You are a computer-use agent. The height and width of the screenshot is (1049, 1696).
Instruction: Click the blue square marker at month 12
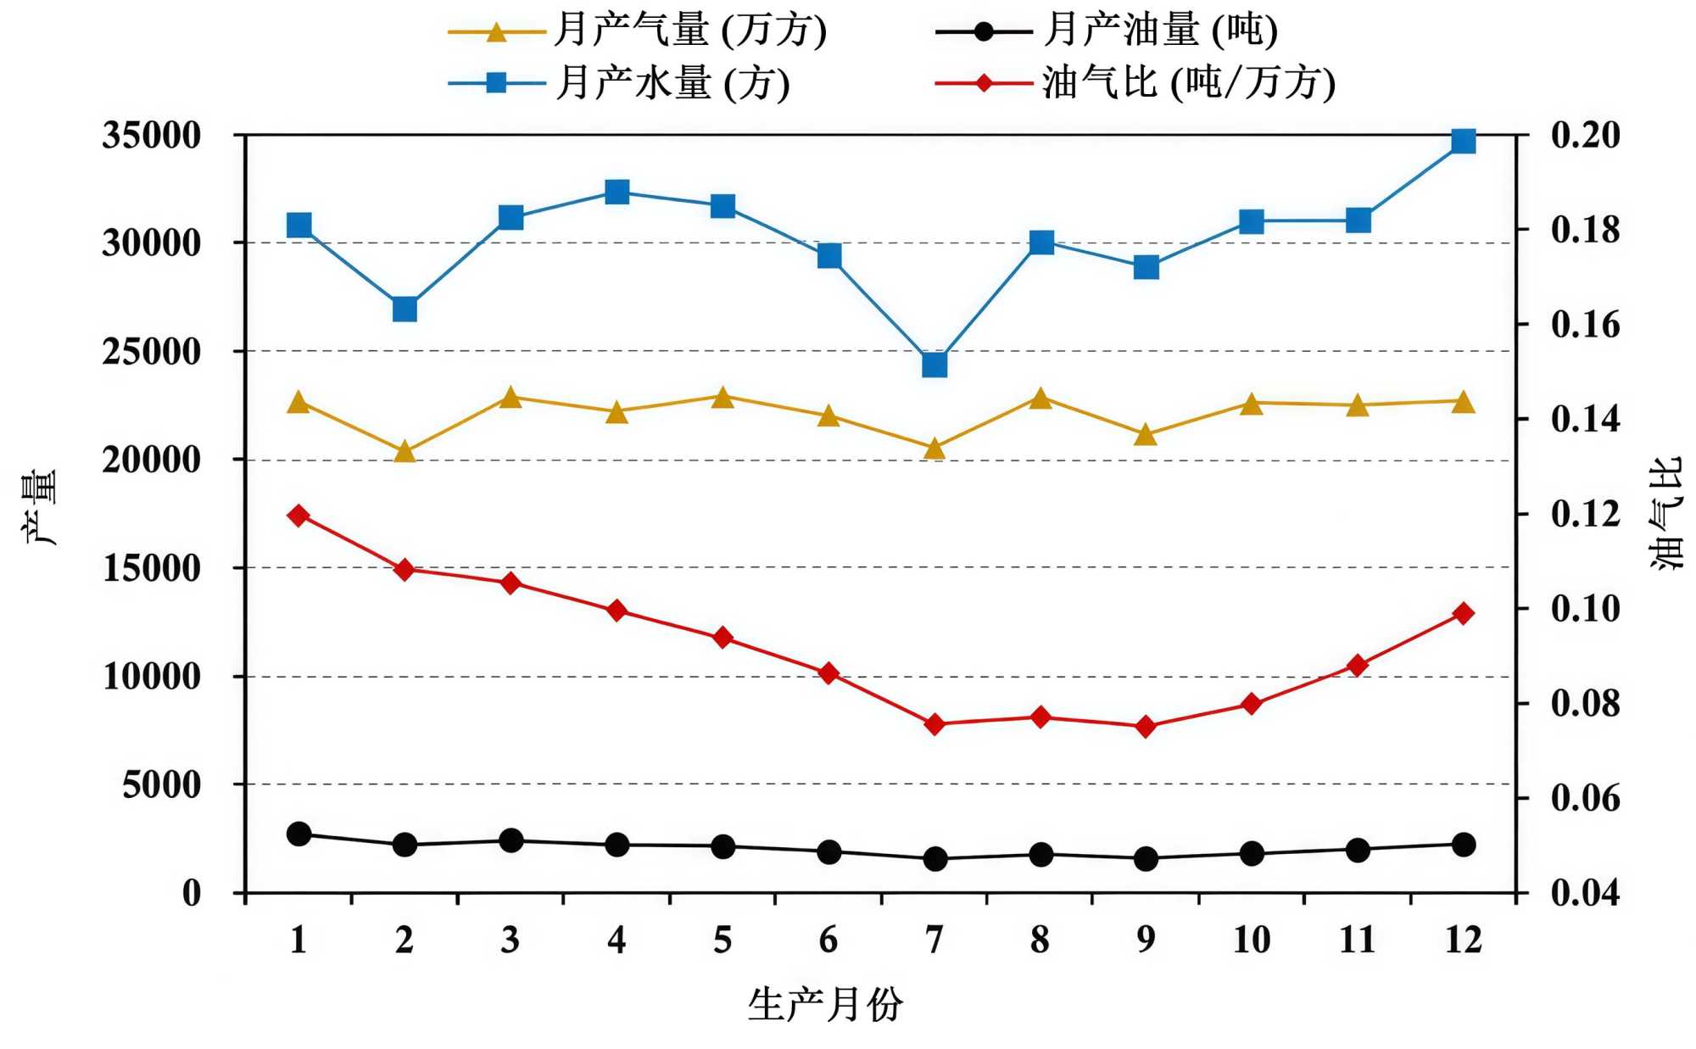(1463, 141)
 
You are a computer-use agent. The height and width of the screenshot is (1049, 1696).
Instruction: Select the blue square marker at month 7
(934, 365)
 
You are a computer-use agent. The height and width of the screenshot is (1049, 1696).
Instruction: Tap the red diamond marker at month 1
(298, 515)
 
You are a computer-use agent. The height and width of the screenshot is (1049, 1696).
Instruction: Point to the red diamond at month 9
(1146, 726)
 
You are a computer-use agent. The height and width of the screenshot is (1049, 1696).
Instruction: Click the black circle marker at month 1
(298, 834)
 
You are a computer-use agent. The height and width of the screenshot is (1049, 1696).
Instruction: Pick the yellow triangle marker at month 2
(404, 452)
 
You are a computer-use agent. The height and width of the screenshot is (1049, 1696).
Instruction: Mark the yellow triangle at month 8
(1040, 399)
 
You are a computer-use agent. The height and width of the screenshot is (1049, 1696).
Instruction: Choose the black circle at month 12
(1463, 845)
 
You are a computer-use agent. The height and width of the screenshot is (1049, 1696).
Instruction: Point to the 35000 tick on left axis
(151, 136)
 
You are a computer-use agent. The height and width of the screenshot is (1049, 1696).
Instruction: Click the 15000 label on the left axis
(151, 568)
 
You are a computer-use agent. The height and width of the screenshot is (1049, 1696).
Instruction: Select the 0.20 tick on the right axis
(1585, 136)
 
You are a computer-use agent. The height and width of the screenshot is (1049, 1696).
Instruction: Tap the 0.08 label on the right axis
(1585, 704)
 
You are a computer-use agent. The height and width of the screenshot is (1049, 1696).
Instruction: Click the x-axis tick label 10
(1251, 940)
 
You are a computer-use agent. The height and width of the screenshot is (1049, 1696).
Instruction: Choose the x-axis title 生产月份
(825, 1005)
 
